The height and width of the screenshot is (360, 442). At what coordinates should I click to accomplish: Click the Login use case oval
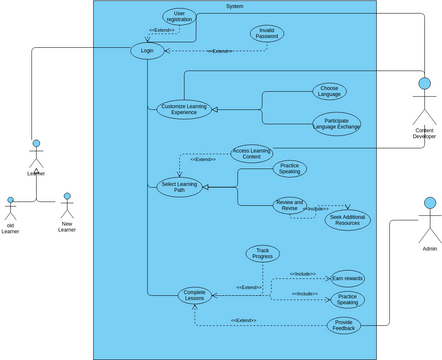[147, 50]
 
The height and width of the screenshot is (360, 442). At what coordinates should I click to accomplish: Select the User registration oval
[179, 15]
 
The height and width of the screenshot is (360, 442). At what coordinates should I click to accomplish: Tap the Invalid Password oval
[266, 33]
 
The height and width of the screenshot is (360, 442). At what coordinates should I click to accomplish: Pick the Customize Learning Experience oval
[184, 109]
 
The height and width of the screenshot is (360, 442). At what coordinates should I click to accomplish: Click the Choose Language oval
[329, 91]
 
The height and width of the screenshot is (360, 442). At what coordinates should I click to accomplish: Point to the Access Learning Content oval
[252, 153]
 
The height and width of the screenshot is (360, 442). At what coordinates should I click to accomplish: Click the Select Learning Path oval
[180, 186]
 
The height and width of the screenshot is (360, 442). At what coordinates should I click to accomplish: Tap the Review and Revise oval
[290, 205]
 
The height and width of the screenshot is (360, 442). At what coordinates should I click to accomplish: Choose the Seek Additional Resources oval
[346, 220]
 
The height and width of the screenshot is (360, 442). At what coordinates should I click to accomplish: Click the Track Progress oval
[263, 254]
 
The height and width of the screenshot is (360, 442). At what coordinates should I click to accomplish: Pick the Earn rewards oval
[347, 278]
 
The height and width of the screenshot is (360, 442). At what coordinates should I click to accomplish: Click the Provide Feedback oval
[343, 325]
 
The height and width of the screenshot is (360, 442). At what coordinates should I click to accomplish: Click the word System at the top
[235, 6]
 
